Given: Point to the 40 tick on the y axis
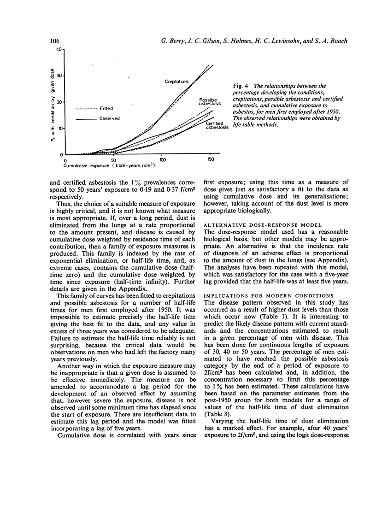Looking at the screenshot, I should (x=58, y=49).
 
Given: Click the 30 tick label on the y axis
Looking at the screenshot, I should (x=59, y=76).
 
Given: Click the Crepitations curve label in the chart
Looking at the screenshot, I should (x=177, y=82).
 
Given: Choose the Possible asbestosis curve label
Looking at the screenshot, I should (x=210, y=102).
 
